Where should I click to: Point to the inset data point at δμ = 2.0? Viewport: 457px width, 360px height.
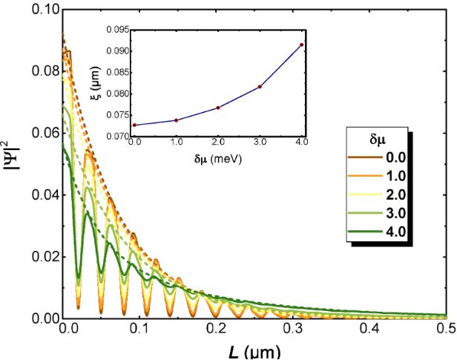218,108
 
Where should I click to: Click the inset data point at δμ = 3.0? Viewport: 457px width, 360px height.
260,87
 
